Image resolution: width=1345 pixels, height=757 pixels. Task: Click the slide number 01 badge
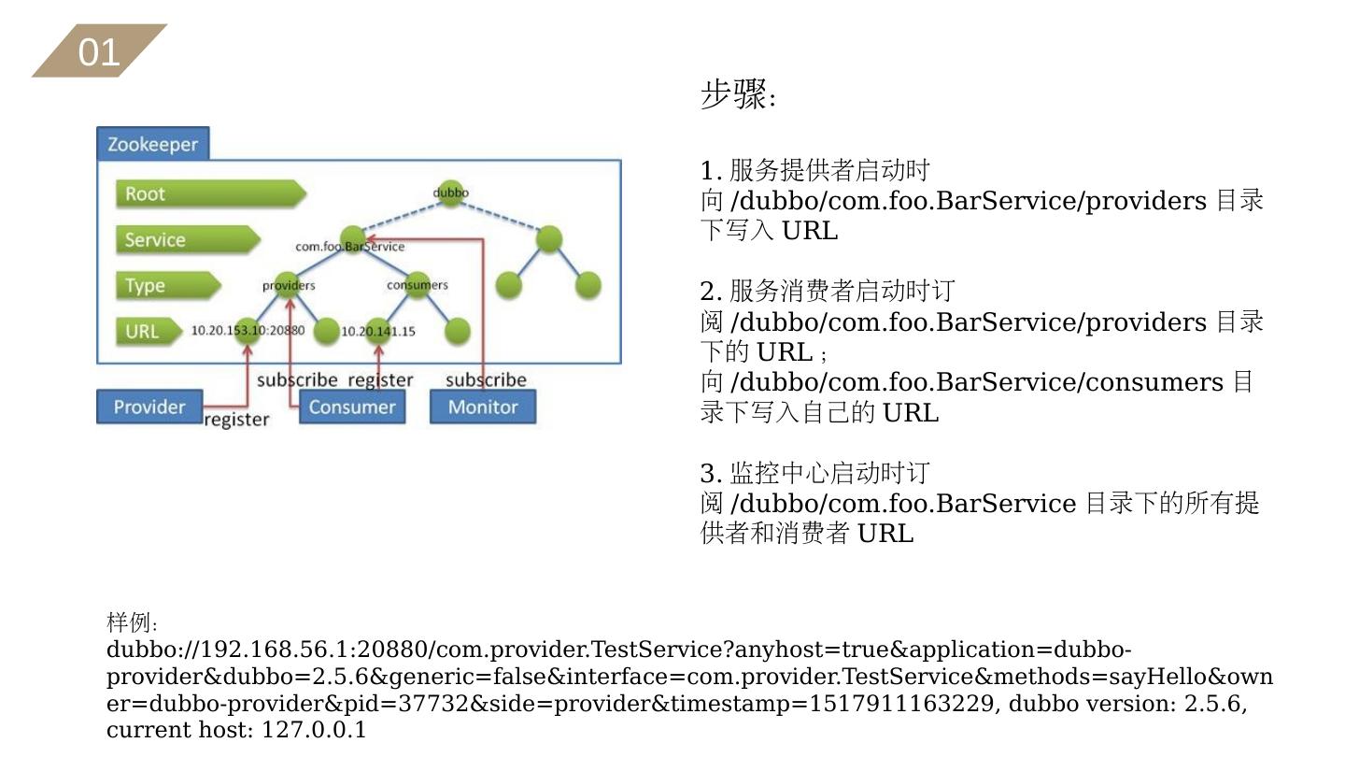tap(99, 51)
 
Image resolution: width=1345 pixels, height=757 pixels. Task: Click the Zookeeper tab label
tap(153, 144)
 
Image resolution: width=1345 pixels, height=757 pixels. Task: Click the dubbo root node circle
tap(450, 193)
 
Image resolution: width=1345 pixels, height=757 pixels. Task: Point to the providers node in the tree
tap(289, 285)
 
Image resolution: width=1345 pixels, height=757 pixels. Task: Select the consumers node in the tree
tap(417, 285)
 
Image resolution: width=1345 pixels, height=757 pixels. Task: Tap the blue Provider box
tap(149, 407)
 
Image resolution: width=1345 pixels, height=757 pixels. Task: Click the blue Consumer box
tap(352, 407)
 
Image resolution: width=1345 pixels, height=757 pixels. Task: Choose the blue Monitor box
tap(482, 407)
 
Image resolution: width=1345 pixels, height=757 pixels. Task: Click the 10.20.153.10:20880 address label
tap(248, 330)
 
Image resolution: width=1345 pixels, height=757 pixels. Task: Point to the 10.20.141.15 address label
tap(378, 331)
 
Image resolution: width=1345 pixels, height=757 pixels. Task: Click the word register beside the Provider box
tap(236, 420)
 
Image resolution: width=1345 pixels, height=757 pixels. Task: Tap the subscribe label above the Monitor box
tap(486, 379)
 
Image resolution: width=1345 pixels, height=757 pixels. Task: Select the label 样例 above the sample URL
tap(131, 622)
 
